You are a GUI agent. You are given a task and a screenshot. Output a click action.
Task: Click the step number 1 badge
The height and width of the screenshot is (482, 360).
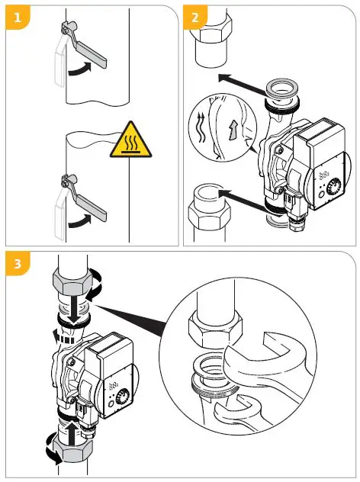click(x=16, y=17)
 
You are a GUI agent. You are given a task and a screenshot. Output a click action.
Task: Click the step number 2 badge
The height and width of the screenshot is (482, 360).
click(x=194, y=17)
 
